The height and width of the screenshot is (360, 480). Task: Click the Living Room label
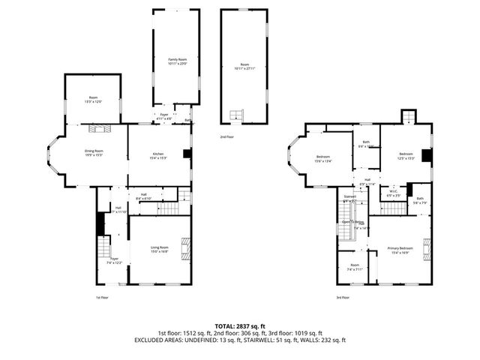[x=159, y=249]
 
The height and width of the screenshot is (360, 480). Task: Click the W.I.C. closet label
[x=392, y=191]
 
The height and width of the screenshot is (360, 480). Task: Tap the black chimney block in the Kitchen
[x=187, y=155]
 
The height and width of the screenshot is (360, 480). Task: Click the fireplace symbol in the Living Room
[x=187, y=247]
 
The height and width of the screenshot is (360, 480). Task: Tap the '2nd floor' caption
[x=226, y=137]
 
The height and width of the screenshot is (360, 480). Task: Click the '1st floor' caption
[x=102, y=297]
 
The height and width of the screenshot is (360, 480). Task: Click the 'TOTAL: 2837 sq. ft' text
[x=240, y=326]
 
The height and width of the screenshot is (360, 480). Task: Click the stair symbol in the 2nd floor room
[x=238, y=115]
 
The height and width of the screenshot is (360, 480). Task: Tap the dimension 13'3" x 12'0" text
[x=93, y=101]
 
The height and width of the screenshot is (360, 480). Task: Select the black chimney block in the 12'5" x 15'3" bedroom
[x=427, y=155]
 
